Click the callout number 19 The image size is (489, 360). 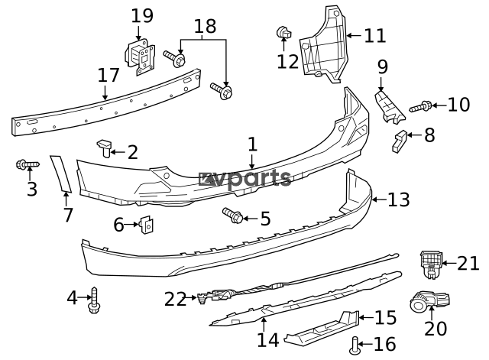click(x=142, y=15)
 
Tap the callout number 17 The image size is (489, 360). click(x=108, y=76)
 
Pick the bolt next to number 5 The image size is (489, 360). click(x=232, y=216)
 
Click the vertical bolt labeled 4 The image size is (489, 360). click(x=95, y=299)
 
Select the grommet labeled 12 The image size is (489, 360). click(x=283, y=33)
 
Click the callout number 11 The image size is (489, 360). click(x=375, y=35)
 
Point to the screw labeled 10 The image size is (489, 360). click(x=422, y=107)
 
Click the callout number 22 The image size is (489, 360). click(x=175, y=299)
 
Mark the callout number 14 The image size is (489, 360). click(x=267, y=339)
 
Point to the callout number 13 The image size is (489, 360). click(x=399, y=200)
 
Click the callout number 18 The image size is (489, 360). click(x=205, y=26)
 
